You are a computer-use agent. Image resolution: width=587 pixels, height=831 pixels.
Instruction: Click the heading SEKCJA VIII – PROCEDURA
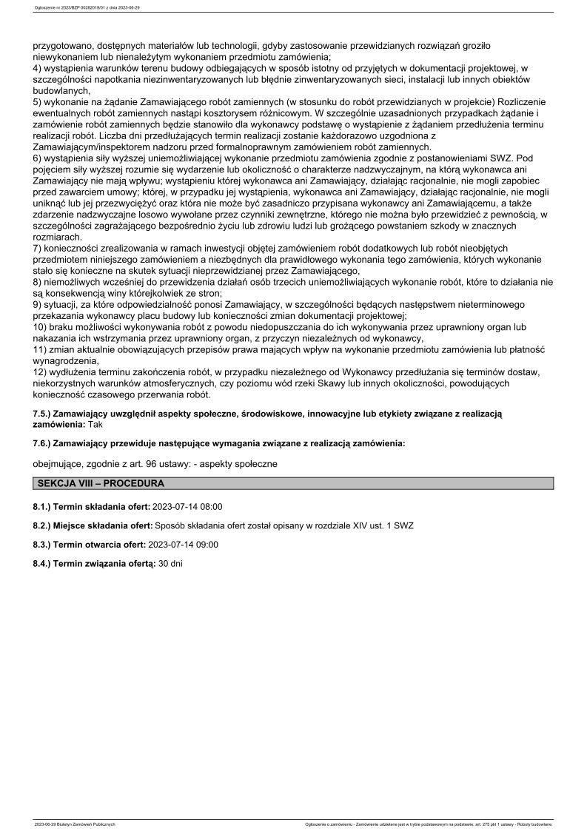(100, 483)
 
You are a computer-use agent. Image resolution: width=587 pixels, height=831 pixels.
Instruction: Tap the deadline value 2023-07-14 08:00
(187, 507)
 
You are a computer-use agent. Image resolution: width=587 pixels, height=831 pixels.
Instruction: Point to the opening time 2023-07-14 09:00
(184, 544)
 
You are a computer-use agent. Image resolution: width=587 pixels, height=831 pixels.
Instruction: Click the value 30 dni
(170, 563)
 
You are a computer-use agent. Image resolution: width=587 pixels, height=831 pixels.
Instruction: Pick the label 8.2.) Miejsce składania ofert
(92, 525)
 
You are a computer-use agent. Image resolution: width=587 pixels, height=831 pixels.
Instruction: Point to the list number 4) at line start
(38, 68)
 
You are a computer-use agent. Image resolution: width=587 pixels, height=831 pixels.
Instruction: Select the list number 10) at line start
(41, 327)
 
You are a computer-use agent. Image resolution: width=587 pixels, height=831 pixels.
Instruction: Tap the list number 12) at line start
(41, 371)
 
